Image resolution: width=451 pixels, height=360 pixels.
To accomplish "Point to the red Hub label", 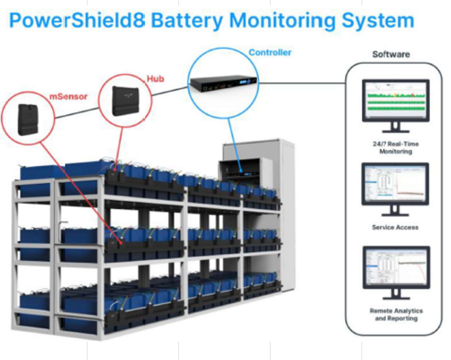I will coord(156,79).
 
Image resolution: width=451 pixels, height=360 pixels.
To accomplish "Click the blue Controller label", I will coord(269,52).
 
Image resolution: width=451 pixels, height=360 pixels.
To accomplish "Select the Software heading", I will coord(392,54).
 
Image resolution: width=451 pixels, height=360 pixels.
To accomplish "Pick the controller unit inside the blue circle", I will coord(223,84).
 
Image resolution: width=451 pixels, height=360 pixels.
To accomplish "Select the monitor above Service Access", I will coord(395,185).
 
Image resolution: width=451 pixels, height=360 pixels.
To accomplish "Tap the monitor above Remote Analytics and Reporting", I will coord(396,269).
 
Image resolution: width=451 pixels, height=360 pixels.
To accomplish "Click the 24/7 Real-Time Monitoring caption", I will coord(396,148).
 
